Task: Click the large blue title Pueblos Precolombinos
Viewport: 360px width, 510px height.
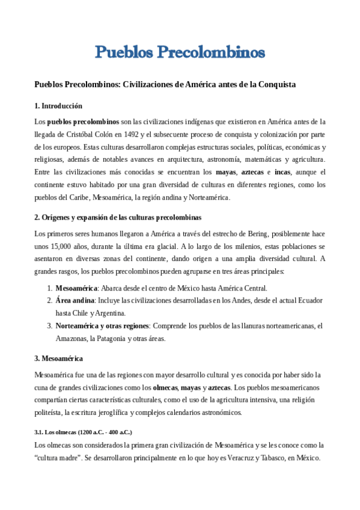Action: (180, 52)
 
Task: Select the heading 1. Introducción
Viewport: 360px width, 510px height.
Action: (58, 106)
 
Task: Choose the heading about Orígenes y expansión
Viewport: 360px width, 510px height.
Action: (118, 217)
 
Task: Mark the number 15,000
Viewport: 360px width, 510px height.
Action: (61, 246)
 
